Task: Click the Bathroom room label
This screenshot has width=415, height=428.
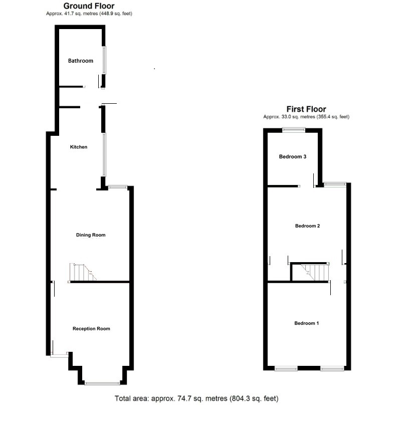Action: pyautogui.click(x=81, y=61)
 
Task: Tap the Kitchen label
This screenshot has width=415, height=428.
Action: pyautogui.click(x=79, y=147)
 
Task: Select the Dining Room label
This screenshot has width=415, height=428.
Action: pyautogui.click(x=91, y=235)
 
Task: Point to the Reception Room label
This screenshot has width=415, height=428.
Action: pyautogui.click(x=91, y=329)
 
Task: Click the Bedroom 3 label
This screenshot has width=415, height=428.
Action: pyautogui.click(x=293, y=157)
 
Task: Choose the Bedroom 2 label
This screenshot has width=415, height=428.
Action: pyautogui.click(x=307, y=226)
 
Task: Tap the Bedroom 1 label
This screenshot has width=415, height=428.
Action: pyautogui.click(x=306, y=323)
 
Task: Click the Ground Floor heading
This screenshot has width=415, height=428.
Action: pyautogui.click(x=89, y=6)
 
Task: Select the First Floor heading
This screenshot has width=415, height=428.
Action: pyautogui.click(x=306, y=109)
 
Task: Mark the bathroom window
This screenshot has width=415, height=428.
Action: pyautogui.click(x=105, y=61)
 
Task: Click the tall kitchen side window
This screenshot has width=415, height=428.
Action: pyautogui.click(x=105, y=154)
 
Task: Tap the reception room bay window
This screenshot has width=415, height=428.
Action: pyautogui.click(x=102, y=383)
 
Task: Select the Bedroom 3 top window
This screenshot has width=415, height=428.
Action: pyautogui.click(x=293, y=130)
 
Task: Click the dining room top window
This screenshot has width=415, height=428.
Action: pyautogui.click(x=118, y=187)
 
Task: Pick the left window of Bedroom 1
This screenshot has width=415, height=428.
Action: pyautogui.click(x=286, y=369)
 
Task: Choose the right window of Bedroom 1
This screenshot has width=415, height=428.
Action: pyautogui.click(x=332, y=369)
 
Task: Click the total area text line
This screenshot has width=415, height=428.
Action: pyautogui.click(x=196, y=399)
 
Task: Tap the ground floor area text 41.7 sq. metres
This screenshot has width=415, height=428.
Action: pyautogui.click(x=89, y=14)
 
